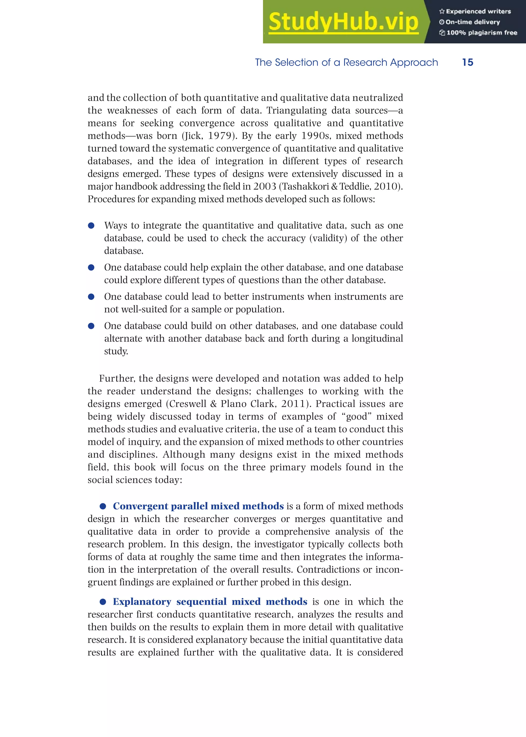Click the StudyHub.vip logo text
point(343,22)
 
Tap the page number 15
point(467,62)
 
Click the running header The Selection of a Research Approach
point(346,62)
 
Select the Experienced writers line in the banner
point(475,11)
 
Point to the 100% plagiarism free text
point(478,33)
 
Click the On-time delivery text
point(470,22)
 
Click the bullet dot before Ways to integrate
point(91,226)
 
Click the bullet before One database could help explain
point(91,268)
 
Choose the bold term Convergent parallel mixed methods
point(198,506)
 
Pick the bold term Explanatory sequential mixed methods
point(210,602)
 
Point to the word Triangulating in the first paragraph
point(296,110)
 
